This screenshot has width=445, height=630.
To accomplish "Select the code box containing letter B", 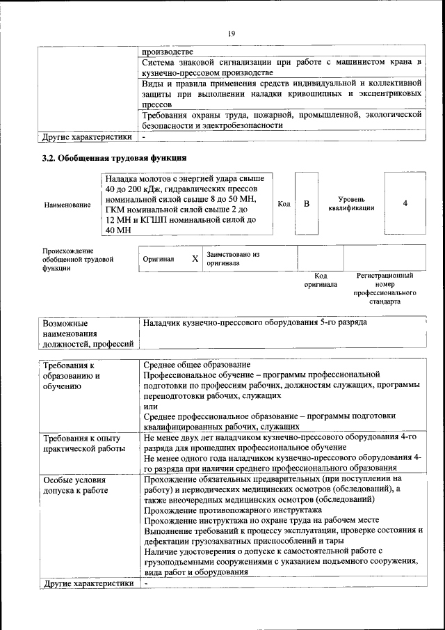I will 306,204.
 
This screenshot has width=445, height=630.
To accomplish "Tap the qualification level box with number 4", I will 405,203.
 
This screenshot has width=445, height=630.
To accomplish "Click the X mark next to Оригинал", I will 195,259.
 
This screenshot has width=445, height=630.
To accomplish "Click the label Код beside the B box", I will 284,203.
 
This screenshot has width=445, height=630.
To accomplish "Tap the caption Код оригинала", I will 321,280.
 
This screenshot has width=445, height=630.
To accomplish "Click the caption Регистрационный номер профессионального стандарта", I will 385,289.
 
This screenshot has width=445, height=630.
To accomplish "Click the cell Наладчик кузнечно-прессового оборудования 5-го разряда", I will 254,323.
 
